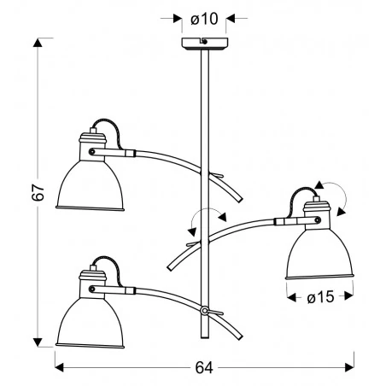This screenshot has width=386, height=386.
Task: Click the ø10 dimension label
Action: [x=205, y=18]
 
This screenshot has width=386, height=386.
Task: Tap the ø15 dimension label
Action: [x=318, y=297]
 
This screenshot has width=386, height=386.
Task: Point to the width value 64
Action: [x=203, y=367]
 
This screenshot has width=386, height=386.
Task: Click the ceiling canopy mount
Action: [x=205, y=44]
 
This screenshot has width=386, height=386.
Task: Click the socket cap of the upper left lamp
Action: [x=92, y=141]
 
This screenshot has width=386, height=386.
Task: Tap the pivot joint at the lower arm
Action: [x=205, y=309]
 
